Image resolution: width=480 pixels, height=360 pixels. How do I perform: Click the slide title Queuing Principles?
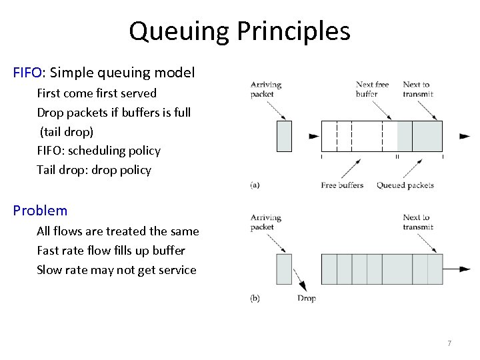[239, 31]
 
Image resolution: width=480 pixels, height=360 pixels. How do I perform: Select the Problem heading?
[40, 211]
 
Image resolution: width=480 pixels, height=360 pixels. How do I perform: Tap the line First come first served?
[97, 93]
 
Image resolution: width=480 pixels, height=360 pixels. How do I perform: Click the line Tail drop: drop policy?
[94, 170]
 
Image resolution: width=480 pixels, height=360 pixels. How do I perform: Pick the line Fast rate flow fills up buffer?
[111, 251]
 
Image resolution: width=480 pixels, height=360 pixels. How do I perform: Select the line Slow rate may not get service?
[117, 270]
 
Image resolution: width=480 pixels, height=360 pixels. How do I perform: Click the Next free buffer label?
[373, 89]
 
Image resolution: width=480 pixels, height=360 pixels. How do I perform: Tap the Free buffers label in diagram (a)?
[342, 185]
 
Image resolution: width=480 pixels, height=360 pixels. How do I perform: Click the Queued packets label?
[405, 185]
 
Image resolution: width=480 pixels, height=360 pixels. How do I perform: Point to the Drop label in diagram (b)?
[307, 299]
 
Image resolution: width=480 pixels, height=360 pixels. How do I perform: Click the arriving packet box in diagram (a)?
[284, 136]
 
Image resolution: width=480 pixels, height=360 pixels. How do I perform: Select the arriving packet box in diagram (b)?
[284, 269]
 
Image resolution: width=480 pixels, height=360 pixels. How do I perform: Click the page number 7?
[449, 343]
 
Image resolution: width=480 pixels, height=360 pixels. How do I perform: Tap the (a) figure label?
[255, 185]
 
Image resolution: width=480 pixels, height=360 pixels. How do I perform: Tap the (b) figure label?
[255, 299]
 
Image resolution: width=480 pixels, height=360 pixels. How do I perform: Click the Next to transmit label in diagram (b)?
[417, 222]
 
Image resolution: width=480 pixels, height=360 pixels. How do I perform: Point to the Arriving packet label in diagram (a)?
[266, 89]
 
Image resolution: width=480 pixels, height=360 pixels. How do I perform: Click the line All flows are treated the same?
[118, 231]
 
